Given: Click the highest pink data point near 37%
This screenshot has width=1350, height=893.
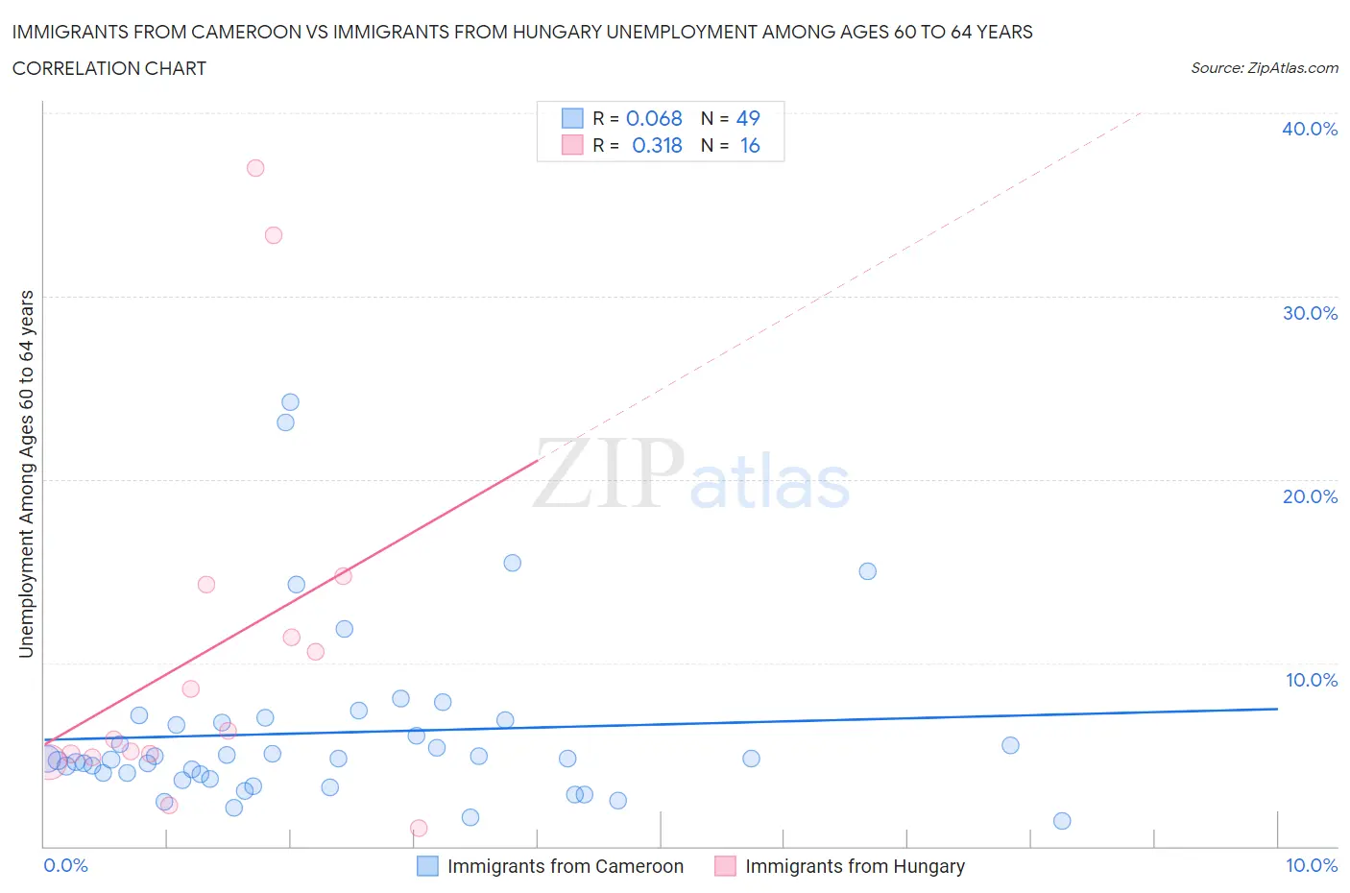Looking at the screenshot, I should pos(255,168).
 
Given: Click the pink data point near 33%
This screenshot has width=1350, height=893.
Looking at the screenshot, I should pos(274,235).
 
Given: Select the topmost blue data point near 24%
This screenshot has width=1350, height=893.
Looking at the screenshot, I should pos(290,402).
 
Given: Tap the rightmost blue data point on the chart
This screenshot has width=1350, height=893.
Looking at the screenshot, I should pos(1062,821).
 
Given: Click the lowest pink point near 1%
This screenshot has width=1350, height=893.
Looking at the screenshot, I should pos(419,828).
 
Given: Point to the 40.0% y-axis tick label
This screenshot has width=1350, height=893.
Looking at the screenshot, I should pos(1310,129).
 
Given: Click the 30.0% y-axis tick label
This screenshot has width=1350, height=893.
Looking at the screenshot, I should pos(1310,313).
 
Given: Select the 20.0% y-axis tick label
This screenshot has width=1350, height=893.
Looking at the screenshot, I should pos(1310,496).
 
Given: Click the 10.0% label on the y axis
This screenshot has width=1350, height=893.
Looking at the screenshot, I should pos(1311,680).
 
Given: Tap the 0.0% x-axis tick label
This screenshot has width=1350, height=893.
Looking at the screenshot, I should pos(65,865).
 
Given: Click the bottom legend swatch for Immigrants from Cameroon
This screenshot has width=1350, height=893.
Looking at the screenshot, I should pos(427,866).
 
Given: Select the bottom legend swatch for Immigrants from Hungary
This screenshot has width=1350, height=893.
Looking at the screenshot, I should pos(725,866).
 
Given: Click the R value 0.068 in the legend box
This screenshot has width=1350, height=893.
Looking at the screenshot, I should pos(654,118).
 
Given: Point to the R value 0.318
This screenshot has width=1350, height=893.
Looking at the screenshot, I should pos(657,145).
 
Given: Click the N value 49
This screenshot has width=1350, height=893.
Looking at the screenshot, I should pos(748,118).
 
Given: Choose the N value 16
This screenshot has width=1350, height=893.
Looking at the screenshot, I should pos(749,145).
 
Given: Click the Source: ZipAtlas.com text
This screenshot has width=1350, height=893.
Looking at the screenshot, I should pos(1264,68).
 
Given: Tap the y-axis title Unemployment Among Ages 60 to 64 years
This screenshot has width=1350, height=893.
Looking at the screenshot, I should pos(27,474).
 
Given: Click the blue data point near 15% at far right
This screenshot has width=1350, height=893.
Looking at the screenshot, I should pos(867,571).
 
